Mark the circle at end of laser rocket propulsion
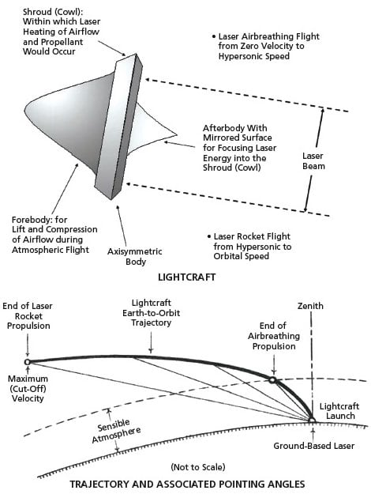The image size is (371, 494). (28, 362)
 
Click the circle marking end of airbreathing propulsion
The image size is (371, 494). (272, 380)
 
